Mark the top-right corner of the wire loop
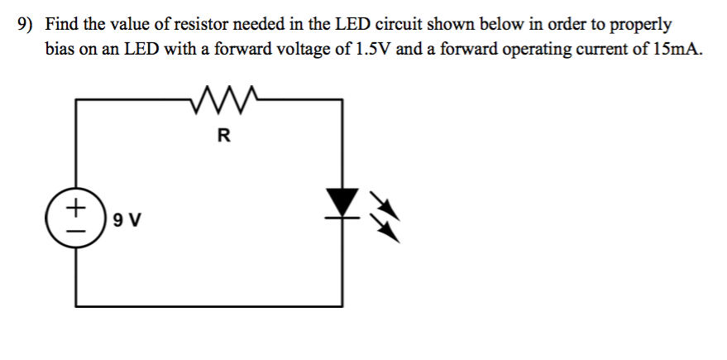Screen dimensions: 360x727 pyautogui.click(x=342, y=100)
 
